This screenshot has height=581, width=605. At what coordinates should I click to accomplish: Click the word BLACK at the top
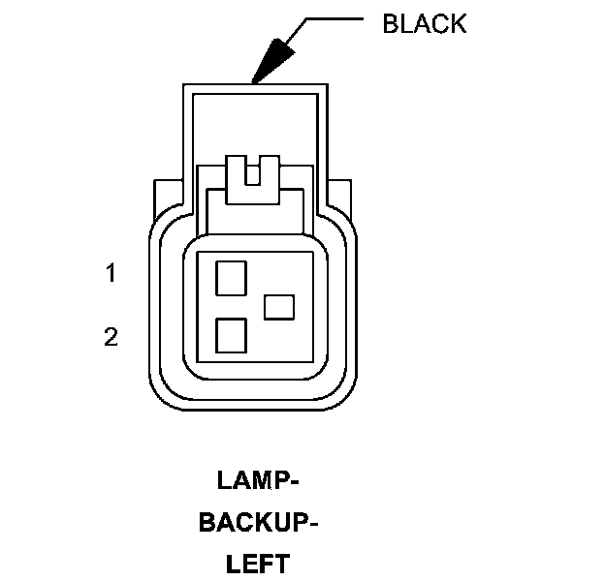424,23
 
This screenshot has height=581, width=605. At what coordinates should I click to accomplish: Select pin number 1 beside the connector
111,274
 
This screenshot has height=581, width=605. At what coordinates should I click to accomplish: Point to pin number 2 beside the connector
111,337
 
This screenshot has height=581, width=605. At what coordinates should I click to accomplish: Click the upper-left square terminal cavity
231,278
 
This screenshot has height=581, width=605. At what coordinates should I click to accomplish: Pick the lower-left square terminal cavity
231,335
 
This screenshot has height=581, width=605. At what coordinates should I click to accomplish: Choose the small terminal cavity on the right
279,307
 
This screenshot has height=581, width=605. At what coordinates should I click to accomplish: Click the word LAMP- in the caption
258,480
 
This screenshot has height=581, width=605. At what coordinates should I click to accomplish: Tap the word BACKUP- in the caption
258,523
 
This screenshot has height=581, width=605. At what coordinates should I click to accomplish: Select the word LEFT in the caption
258,564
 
